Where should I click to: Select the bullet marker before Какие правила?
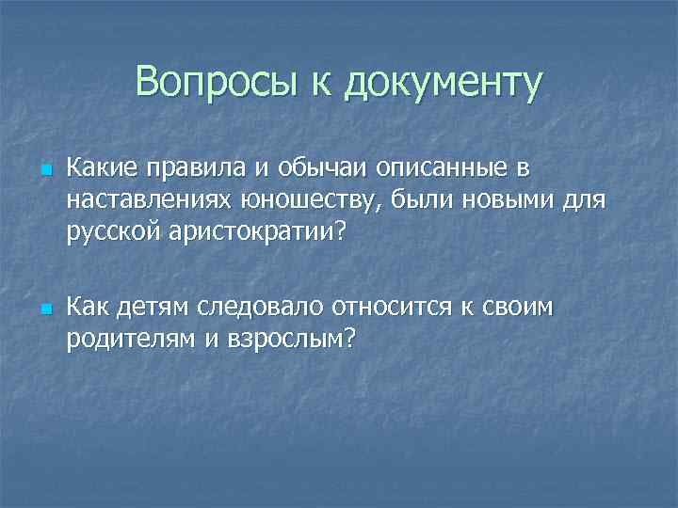point(44,171)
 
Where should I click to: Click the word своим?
point(525,309)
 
